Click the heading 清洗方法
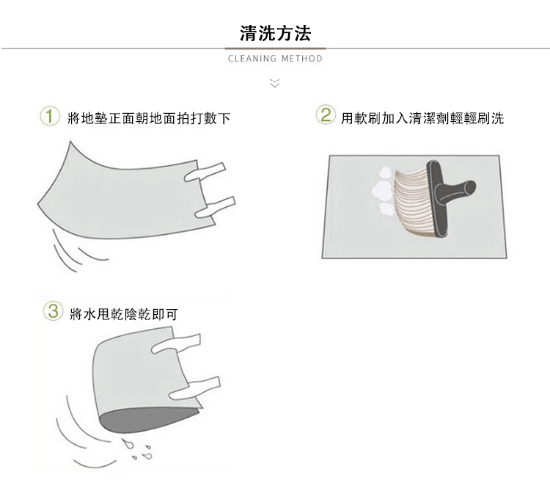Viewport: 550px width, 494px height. (x=275, y=33)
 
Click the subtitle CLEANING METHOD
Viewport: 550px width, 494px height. (x=275, y=58)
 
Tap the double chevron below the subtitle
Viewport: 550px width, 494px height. (x=275, y=83)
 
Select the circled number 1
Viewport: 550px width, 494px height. (x=49, y=117)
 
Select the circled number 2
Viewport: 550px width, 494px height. (x=326, y=115)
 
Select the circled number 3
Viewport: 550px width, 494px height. (x=53, y=311)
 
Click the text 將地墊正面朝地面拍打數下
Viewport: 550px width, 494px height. (x=149, y=118)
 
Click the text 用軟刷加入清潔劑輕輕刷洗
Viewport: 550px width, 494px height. (x=422, y=118)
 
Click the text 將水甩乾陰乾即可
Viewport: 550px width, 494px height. (x=124, y=314)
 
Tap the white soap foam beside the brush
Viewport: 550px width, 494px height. (x=382, y=192)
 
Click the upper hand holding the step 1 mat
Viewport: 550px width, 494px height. (x=205, y=172)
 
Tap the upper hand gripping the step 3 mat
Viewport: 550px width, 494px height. (x=176, y=344)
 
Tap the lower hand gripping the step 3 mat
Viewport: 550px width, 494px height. (x=194, y=389)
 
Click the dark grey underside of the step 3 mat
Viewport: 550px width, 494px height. (x=147, y=421)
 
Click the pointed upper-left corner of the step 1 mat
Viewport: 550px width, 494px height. (x=70, y=142)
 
